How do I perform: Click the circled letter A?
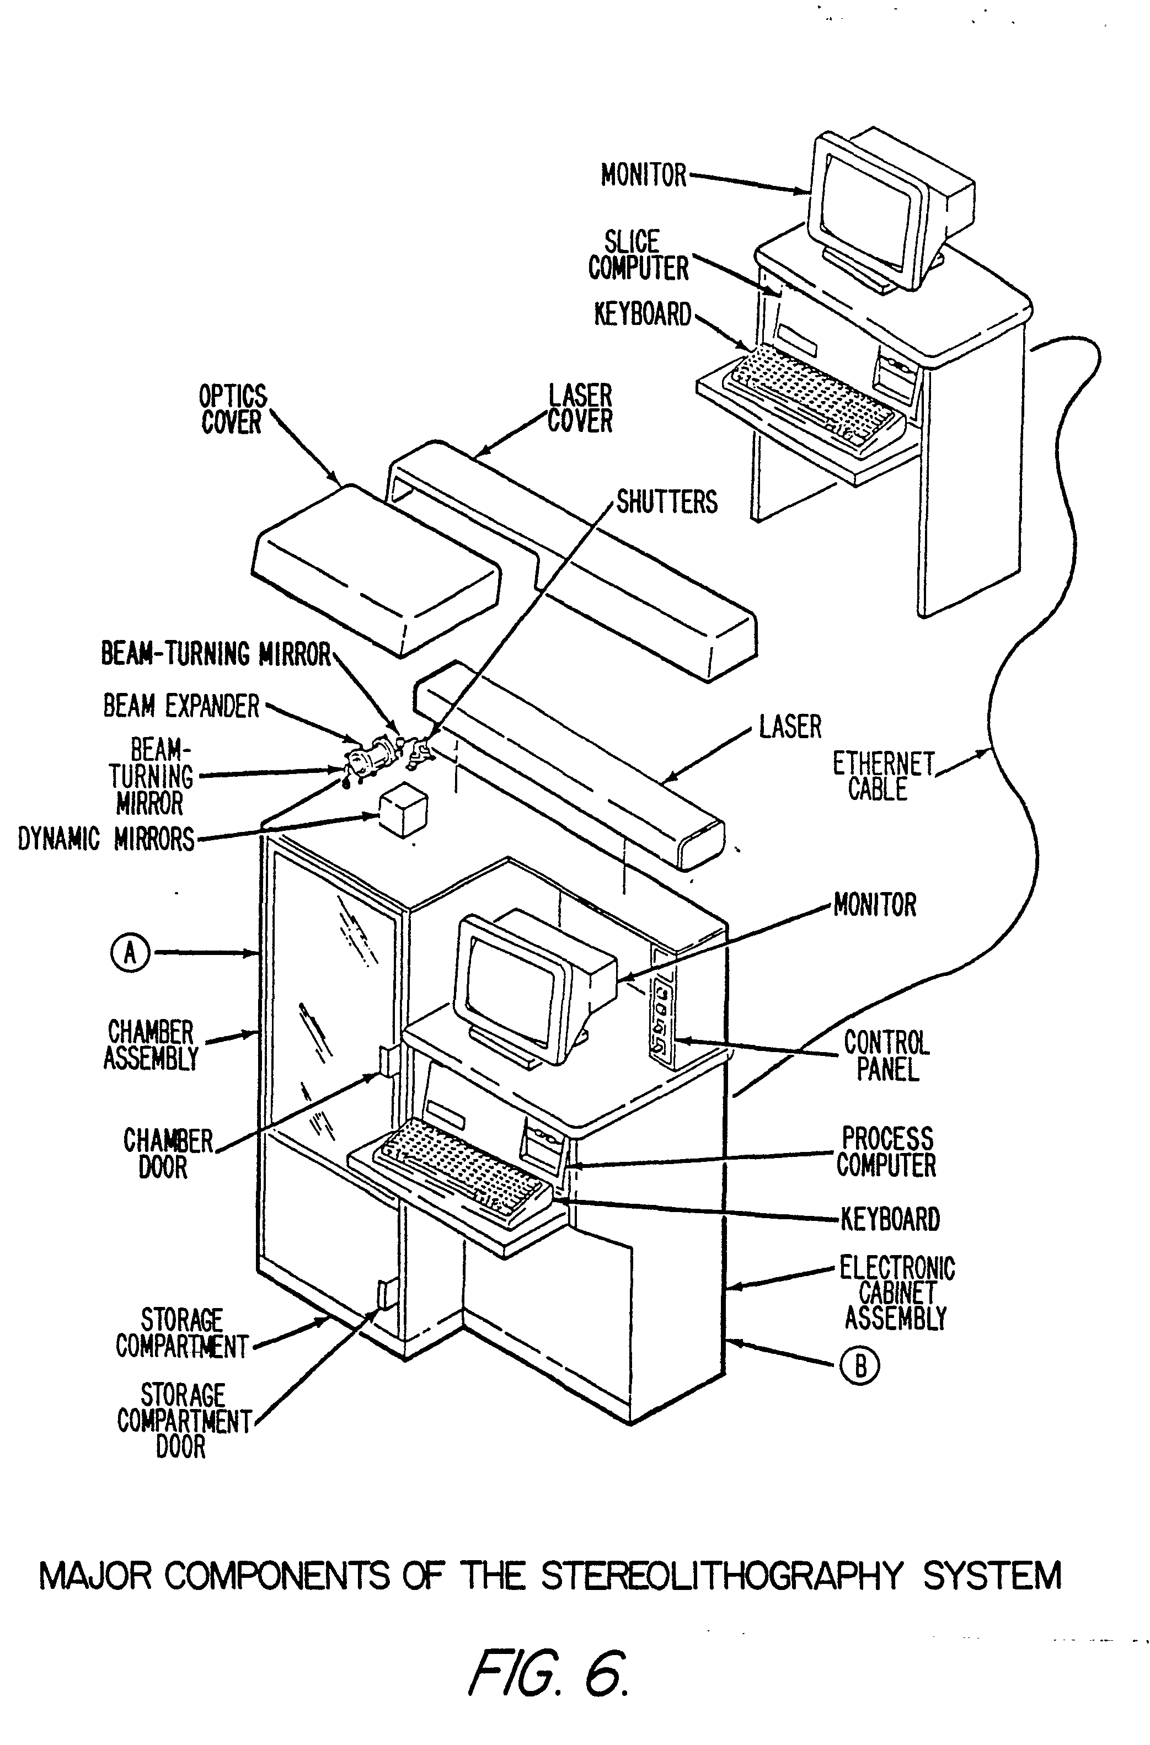click(x=130, y=953)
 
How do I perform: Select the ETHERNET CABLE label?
click(x=882, y=777)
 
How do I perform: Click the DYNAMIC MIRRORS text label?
click(x=106, y=839)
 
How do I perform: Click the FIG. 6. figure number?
click(x=548, y=1674)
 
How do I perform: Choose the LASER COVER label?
click(x=579, y=408)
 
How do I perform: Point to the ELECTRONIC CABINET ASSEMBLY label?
click(x=896, y=1293)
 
